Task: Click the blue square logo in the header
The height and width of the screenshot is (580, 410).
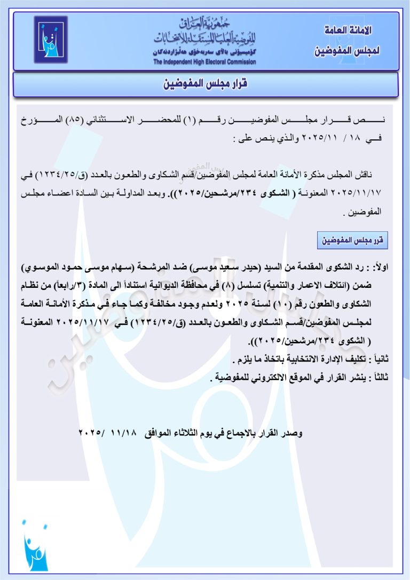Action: (x=51, y=40)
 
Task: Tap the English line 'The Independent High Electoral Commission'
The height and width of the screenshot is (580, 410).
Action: (x=204, y=62)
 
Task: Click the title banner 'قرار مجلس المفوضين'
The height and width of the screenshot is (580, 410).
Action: (x=206, y=84)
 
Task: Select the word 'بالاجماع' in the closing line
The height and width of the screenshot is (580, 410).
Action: (x=247, y=433)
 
